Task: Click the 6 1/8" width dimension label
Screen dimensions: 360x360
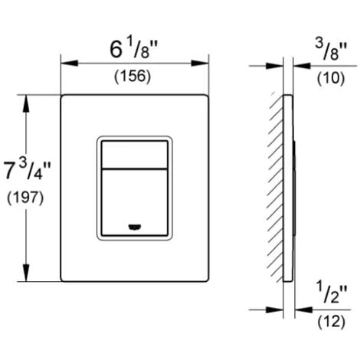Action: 133,49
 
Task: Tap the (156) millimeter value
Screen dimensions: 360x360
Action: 133,77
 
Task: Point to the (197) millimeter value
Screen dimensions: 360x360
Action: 25,198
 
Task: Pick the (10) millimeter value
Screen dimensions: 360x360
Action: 331,77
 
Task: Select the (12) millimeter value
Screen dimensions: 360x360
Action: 331,322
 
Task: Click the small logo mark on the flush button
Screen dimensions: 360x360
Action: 135,226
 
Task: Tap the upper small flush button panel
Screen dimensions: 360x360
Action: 135,155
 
